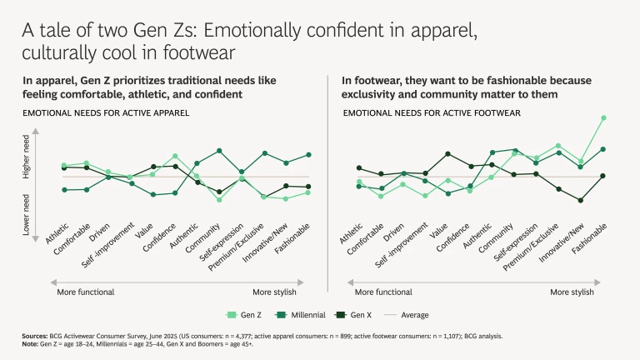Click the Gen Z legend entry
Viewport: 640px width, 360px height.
click(246, 315)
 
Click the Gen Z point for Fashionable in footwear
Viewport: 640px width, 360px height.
click(603, 118)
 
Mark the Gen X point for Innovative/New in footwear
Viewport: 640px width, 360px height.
click(581, 201)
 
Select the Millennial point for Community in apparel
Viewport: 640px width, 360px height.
click(219, 150)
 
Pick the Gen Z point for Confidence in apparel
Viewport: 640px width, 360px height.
click(175, 156)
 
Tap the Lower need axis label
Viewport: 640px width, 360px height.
click(27, 213)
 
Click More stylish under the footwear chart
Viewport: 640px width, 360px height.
click(572, 292)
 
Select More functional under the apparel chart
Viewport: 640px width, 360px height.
click(85, 292)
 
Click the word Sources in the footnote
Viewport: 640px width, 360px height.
click(36, 336)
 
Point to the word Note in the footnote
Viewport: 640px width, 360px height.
click(31, 342)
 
